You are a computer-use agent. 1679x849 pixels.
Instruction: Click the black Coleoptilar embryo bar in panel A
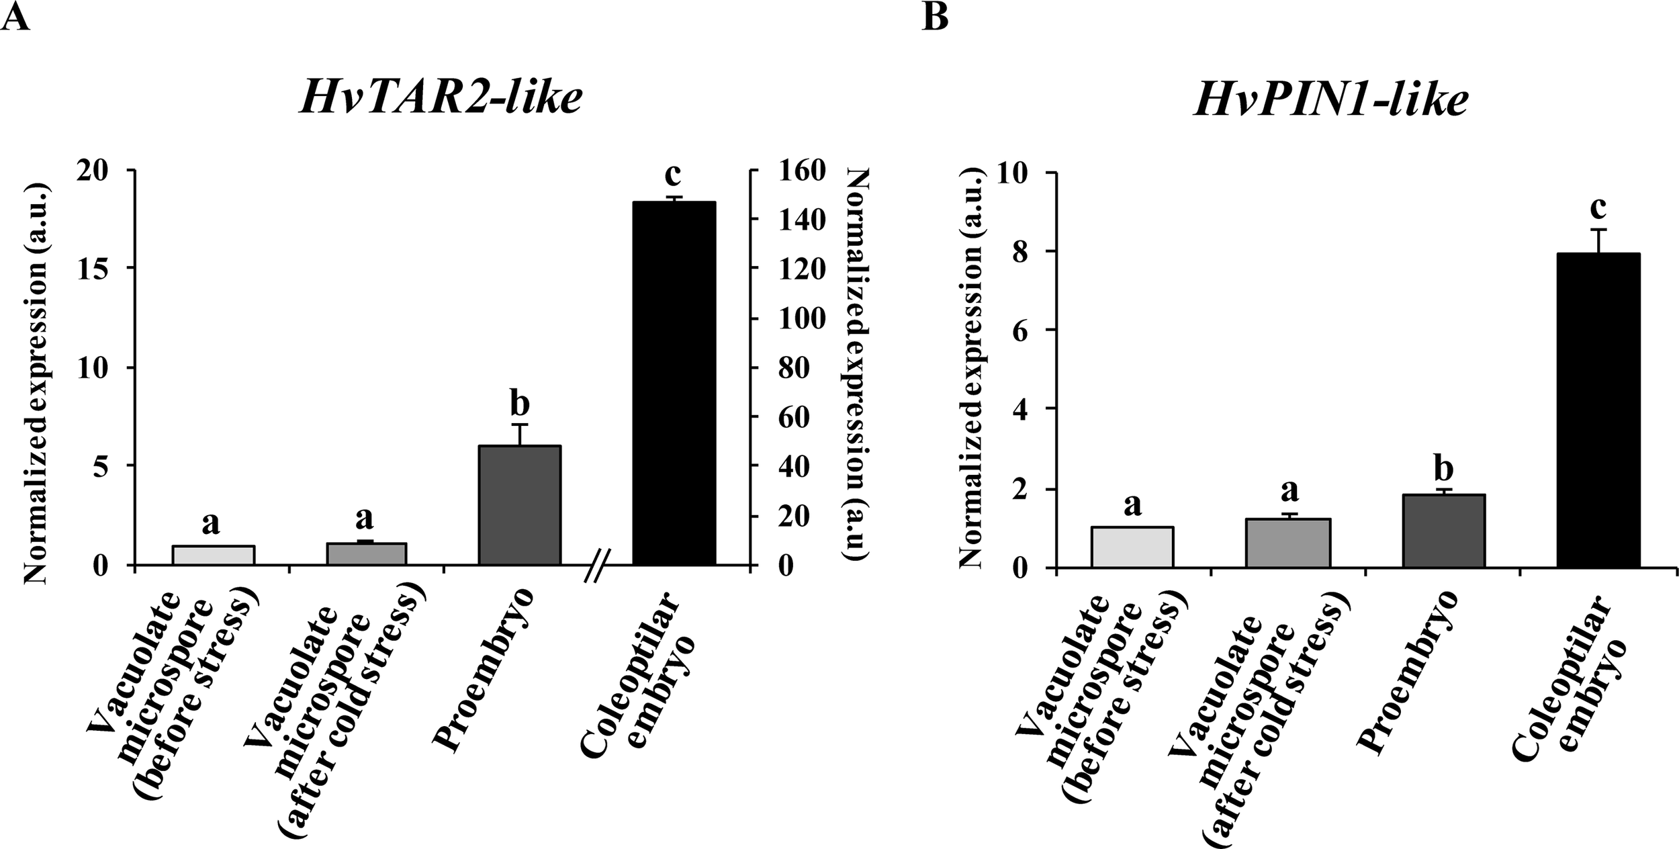pyautogui.click(x=674, y=383)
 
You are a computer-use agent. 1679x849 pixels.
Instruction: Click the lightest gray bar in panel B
pyautogui.click(x=1132, y=547)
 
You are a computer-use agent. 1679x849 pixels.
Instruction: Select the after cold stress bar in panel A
pyautogui.click(x=365, y=553)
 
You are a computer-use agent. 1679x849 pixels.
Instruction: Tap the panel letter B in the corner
pyautogui.click(x=936, y=17)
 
